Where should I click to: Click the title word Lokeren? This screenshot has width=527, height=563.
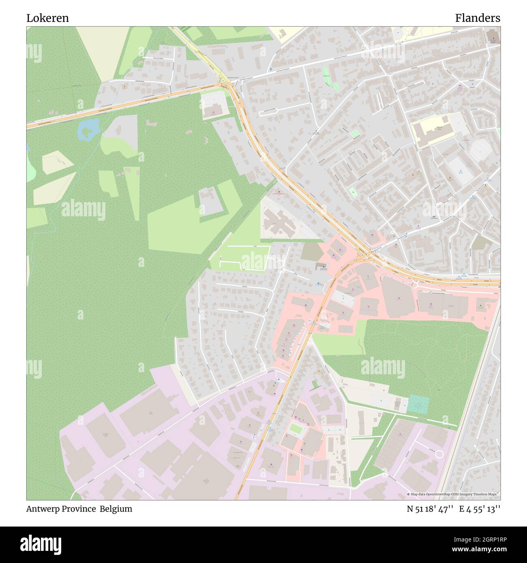point(47,18)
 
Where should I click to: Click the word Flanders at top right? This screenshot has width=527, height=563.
point(477,18)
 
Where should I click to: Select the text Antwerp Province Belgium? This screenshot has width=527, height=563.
point(79,509)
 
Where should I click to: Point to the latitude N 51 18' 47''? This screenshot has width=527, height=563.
point(430,509)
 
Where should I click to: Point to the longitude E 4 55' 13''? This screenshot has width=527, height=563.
point(480,509)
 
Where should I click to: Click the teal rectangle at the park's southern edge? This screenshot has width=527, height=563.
point(418,404)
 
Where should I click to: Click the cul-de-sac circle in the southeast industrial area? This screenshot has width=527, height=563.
point(439,454)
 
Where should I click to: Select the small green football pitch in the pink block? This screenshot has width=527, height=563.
point(296,428)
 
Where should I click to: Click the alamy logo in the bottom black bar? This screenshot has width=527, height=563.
point(42,544)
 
